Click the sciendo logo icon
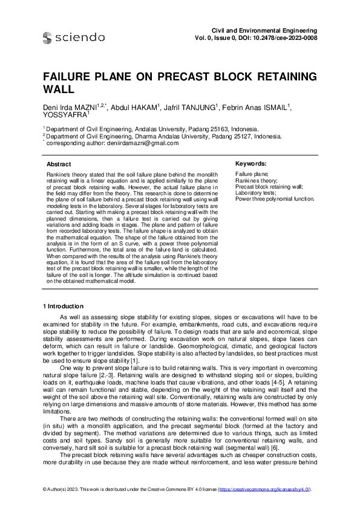point(47,37)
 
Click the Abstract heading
point(59,164)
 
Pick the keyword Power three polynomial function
point(275,198)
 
